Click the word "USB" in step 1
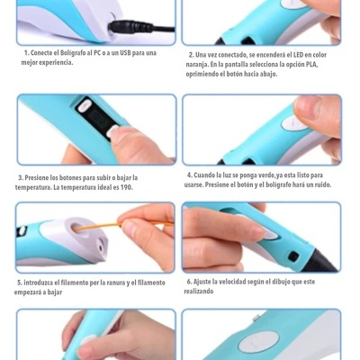tap(116, 53)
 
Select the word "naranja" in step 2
tap(199, 65)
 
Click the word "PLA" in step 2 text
tap(311, 65)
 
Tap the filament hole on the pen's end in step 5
tap(89, 232)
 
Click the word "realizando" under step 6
tap(199, 292)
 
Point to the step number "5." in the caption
tap(20, 282)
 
